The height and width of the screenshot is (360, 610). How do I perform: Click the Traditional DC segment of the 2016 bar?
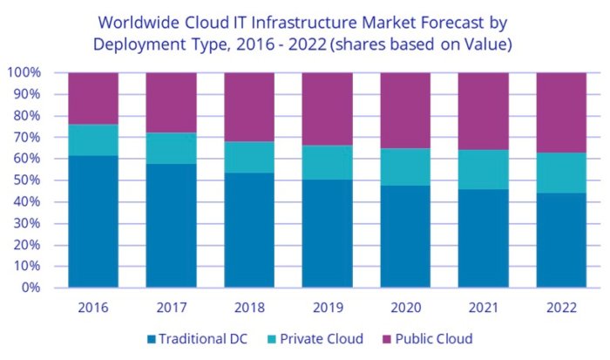pos(93,221)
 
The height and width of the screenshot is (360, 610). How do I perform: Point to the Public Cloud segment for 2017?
pos(171,102)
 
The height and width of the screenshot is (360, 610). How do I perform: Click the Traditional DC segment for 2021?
pos(483,238)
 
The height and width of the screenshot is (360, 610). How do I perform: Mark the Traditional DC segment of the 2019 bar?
pos(327,233)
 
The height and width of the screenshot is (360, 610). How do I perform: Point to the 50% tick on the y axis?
pos(26,180)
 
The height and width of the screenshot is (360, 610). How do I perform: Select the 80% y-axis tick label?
pos(26,116)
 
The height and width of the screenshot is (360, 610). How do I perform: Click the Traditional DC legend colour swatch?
pos(153,339)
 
